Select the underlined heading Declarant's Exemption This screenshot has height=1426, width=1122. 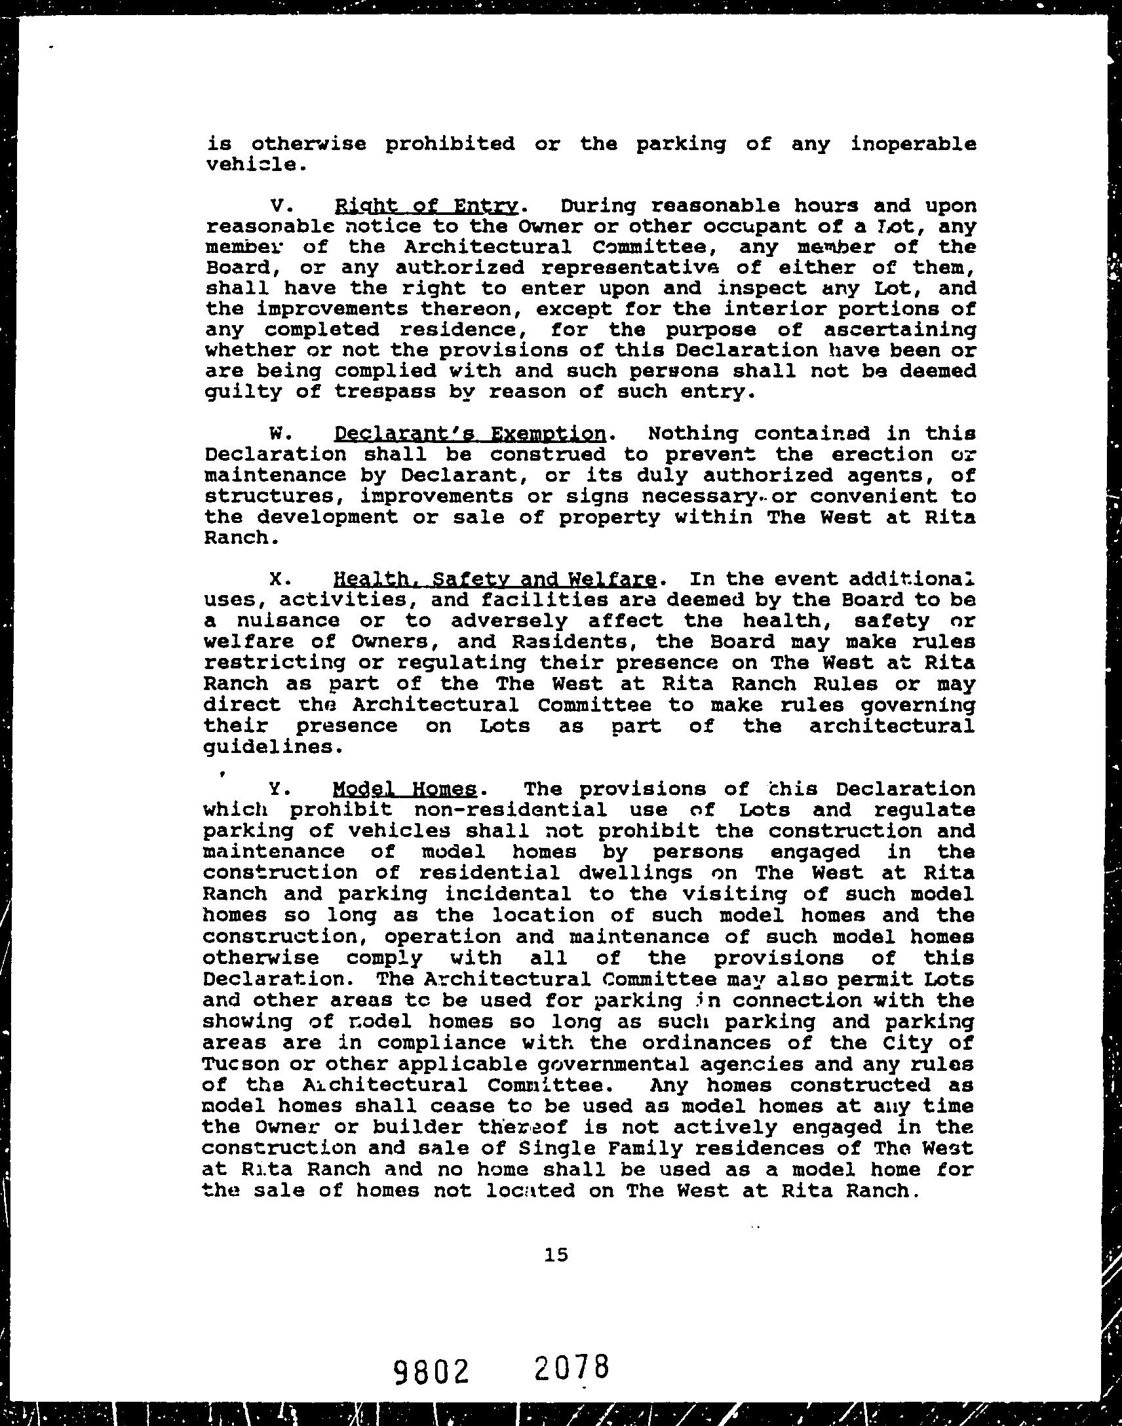coord(470,434)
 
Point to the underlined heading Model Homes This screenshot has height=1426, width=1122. coord(404,788)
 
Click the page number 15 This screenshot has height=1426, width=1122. coord(556,1255)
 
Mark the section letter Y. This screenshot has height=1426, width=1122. coord(277,788)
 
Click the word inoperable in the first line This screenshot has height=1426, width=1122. coord(913,144)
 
